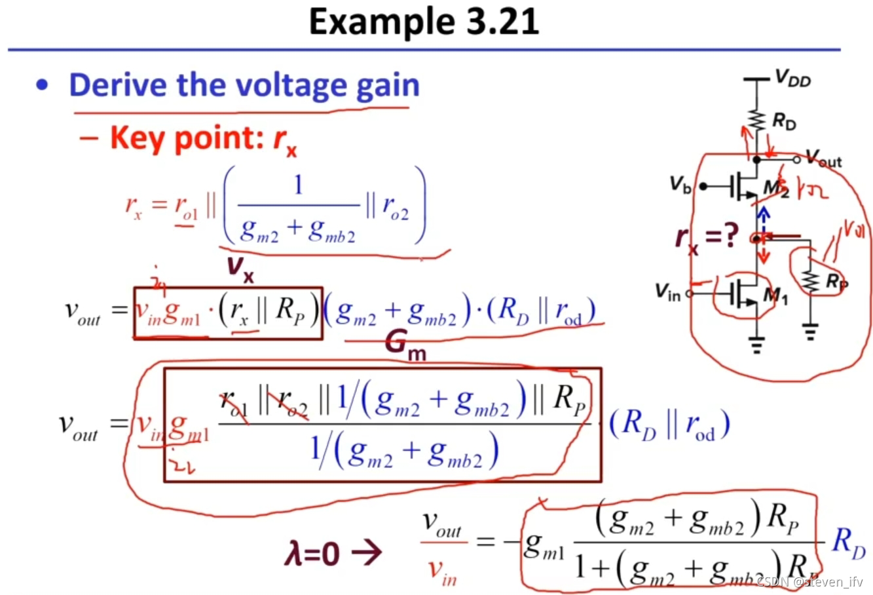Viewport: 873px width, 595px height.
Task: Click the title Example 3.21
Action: click(424, 22)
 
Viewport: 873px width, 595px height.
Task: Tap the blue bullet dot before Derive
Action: click(43, 85)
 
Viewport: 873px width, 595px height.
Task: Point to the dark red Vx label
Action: click(240, 268)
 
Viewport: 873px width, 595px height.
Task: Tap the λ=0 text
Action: click(312, 554)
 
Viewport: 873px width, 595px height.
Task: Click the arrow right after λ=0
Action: click(367, 552)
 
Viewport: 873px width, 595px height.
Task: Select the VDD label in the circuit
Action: click(792, 79)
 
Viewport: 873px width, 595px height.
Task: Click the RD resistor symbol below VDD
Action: click(758, 121)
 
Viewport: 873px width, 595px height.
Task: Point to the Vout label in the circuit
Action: click(823, 158)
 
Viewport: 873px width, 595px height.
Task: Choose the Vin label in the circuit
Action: click(668, 292)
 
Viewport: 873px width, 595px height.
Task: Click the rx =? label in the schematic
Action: click(707, 237)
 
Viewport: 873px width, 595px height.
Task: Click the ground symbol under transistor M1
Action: click(758, 345)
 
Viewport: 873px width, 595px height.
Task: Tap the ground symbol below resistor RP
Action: click(811, 332)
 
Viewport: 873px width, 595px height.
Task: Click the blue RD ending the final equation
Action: click(849, 543)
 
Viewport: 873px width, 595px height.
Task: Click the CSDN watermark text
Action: click(809, 581)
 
